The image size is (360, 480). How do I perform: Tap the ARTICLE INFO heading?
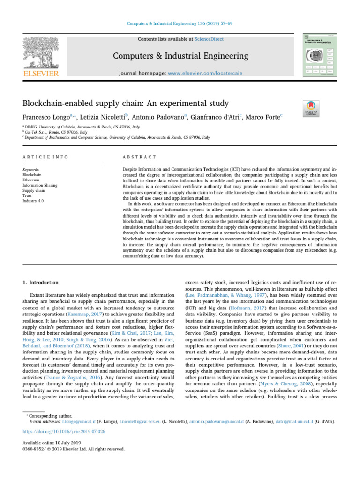(x=45, y=157)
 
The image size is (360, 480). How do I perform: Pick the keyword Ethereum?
(x=31, y=180)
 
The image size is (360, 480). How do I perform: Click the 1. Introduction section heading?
(x=41, y=283)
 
